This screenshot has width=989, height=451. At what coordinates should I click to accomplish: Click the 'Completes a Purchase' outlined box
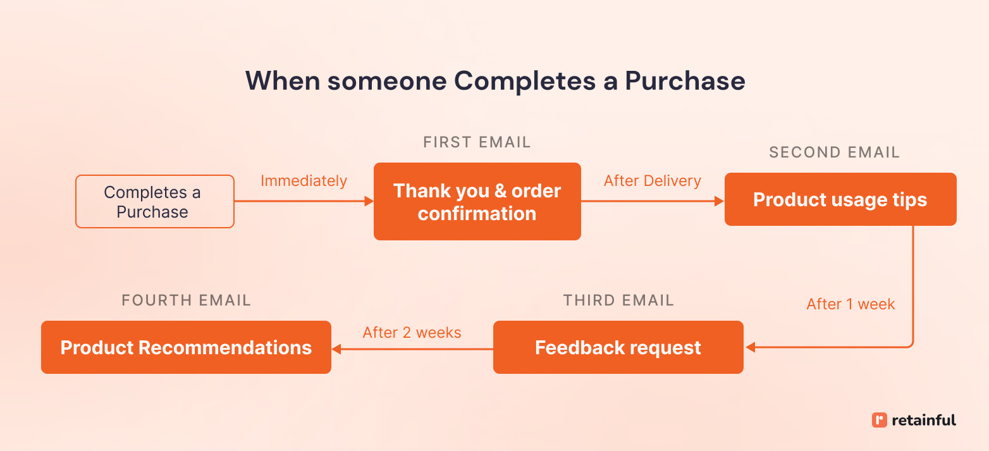(155, 201)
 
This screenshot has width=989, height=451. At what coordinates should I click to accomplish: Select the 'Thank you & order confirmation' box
(477, 201)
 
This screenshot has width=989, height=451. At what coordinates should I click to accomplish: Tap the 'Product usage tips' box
(840, 199)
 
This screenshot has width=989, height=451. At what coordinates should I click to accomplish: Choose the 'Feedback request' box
(618, 347)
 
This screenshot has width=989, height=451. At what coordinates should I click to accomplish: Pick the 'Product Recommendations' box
(186, 347)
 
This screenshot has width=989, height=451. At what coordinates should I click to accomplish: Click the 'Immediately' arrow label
(304, 181)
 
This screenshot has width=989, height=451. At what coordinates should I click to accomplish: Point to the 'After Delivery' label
(652, 181)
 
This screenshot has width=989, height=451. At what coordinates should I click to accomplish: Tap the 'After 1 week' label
(851, 304)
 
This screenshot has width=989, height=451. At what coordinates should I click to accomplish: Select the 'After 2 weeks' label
(412, 332)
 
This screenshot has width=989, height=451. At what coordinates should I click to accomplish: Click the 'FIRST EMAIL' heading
(477, 142)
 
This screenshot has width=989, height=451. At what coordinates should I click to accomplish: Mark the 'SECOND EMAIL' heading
(833, 152)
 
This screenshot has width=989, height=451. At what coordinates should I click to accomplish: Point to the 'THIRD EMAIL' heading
(618, 300)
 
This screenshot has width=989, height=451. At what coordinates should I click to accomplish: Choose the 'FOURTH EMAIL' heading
(186, 300)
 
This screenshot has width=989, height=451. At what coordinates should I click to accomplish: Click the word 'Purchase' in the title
(685, 81)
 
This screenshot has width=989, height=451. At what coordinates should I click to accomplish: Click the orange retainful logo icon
(879, 420)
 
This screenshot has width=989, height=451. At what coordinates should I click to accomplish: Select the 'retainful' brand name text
(924, 420)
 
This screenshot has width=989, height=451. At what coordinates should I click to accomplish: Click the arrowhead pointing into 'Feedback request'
(751, 347)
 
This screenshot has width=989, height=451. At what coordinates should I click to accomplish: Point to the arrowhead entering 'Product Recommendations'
(336, 349)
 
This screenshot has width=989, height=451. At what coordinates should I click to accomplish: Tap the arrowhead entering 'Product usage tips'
(719, 201)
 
